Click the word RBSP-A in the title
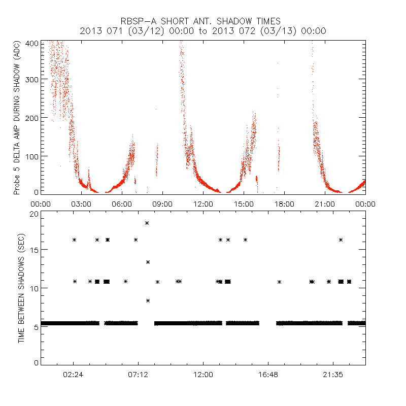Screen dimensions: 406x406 [139, 21]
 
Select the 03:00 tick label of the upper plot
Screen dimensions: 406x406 [81, 204]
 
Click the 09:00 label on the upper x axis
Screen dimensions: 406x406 [162, 204]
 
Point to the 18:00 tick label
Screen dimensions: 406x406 [284, 204]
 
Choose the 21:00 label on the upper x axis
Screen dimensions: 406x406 [325, 204]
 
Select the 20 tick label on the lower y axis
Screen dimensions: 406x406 [33, 214]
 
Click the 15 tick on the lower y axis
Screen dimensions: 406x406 [33, 251]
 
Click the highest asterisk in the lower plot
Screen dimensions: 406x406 [147, 223]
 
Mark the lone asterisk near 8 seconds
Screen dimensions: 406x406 [148, 300]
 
